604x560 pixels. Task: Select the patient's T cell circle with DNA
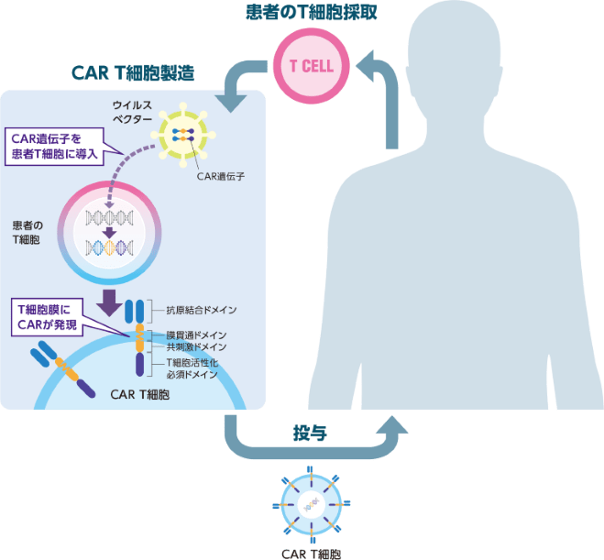click(x=110, y=231)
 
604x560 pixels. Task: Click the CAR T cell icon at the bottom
click(x=313, y=505)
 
